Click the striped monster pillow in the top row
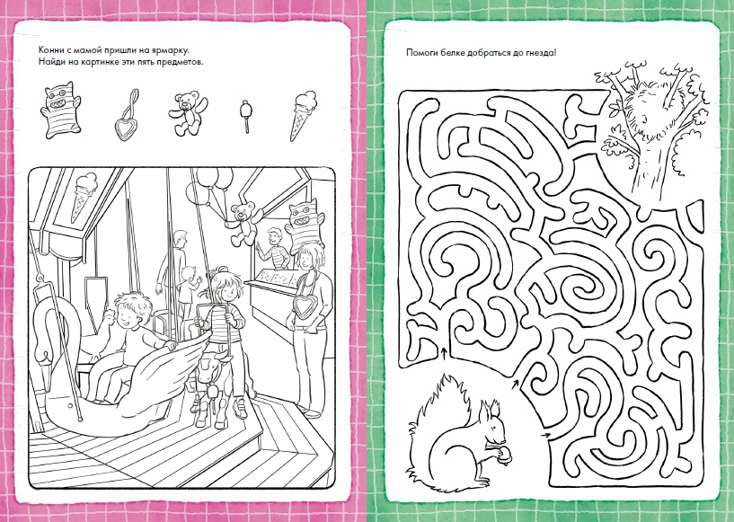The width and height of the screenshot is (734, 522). (x=61, y=110)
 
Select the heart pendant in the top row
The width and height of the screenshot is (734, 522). (x=127, y=116)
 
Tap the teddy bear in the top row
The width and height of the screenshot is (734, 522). (x=187, y=114)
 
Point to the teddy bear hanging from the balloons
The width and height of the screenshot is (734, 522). (x=242, y=223)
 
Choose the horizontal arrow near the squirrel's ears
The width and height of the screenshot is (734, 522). (x=545, y=435)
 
